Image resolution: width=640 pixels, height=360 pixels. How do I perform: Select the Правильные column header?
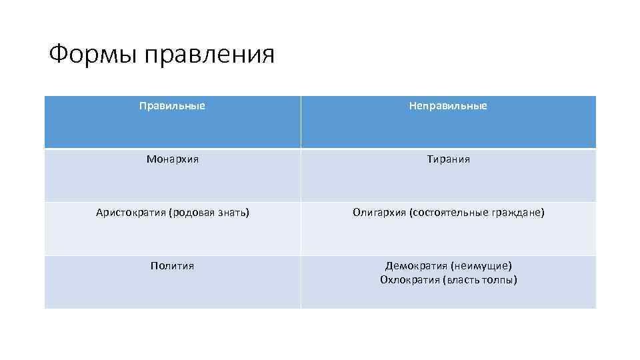(172, 106)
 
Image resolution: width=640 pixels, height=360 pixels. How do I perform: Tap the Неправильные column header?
(448, 106)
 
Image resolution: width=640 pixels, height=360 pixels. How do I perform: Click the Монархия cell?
(172, 159)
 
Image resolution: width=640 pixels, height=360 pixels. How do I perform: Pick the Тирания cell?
(448, 159)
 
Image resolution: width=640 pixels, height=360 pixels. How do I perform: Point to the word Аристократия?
(131, 213)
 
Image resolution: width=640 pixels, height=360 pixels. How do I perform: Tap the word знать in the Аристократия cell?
(234, 213)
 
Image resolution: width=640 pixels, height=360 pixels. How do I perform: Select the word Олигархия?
(379, 213)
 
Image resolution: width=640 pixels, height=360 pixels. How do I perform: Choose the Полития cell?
(172, 266)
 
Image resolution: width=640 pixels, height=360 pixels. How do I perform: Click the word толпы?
(499, 280)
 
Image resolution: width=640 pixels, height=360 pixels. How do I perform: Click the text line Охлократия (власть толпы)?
(448, 280)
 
